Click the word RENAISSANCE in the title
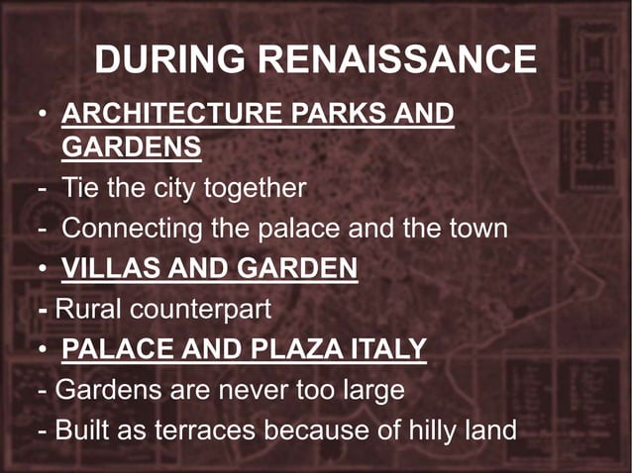(x=397, y=60)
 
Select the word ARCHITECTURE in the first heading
(x=174, y=113)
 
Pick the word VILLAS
(x=105, y=268)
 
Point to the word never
(x=255, y=390)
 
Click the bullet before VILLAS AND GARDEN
(x=43, y=268)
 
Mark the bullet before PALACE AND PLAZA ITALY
(x=43, y=349)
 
